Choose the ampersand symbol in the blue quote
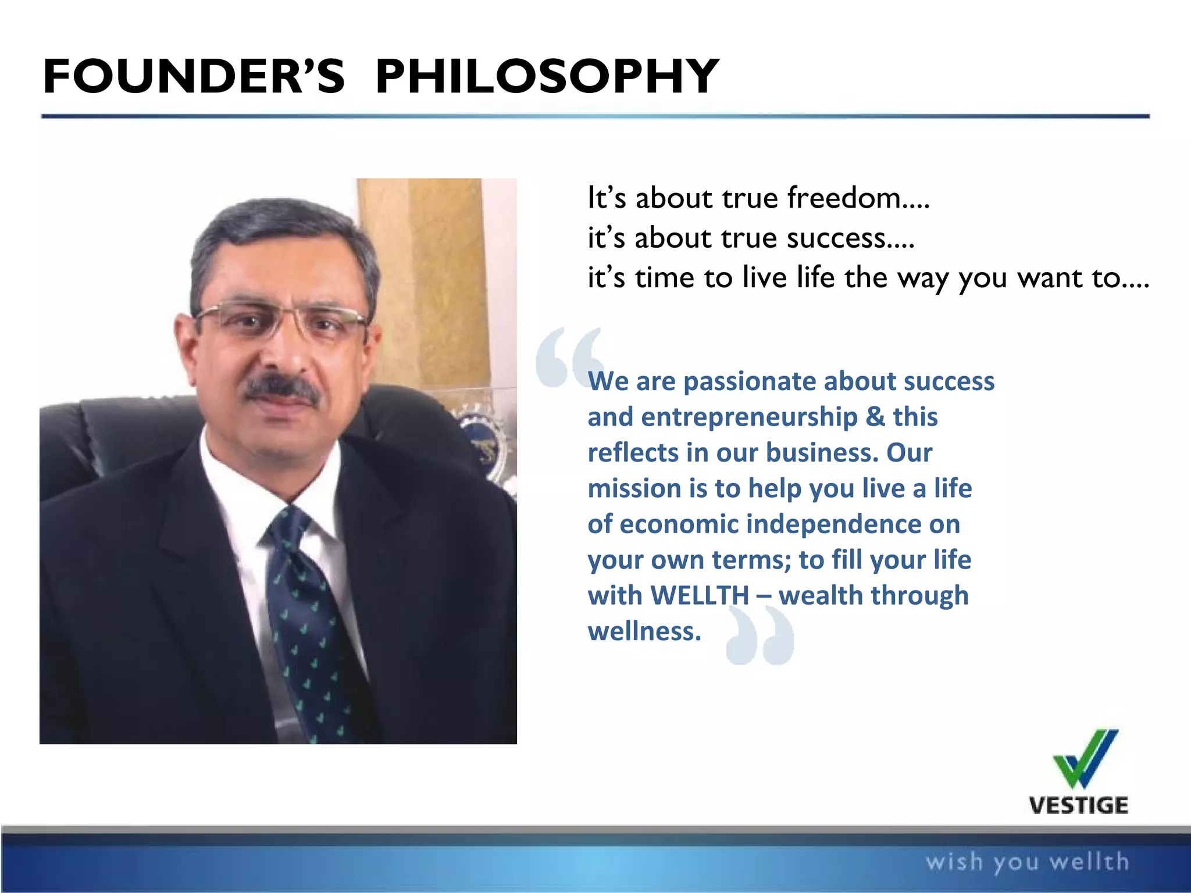(875, 417)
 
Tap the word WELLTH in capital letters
(700, 595)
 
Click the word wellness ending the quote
(644, 631)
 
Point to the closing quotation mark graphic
(760, 635)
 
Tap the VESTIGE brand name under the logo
(1078, 806)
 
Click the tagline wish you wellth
(1027, 862)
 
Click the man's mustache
(281, 388)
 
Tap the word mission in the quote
(634, 489)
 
